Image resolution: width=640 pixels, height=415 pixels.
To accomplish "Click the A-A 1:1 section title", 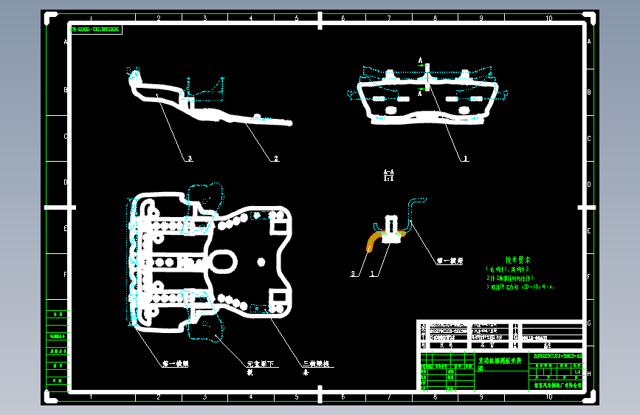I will click(x=388, y=174).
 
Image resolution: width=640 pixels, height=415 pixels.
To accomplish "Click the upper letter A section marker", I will click(x=420, y=60).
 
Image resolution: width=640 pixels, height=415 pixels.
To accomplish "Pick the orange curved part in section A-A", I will click(x=378, y=240).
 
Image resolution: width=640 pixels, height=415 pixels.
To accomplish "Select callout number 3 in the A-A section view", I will click(x=353, y=275).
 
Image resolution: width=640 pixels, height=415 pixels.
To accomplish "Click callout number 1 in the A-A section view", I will click(x=371, y=275).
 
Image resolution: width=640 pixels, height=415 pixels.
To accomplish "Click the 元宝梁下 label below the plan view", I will click(x=261, y=364).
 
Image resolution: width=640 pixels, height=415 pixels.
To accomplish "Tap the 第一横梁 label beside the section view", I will click(x=450, y=261).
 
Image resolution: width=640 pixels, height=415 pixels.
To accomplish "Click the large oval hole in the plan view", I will click(x=224, y=260).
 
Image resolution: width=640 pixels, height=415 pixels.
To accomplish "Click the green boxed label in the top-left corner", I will click(x=97, y=30).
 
